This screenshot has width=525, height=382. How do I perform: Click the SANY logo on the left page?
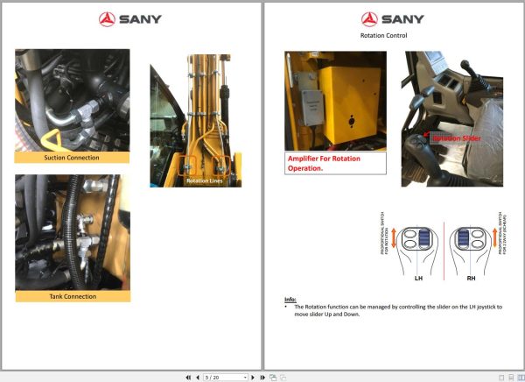tap(130, 18)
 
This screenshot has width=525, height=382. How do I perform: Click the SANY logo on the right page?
tap(394, 18)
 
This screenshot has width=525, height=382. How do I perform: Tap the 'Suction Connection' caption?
tap(72, 158)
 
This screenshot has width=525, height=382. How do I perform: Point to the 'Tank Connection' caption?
tap(73, 296)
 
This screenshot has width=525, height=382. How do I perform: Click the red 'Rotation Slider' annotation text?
tap(456, 138)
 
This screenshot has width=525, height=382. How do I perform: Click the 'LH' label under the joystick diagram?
tap(417, 278)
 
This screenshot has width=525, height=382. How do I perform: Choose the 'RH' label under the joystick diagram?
tap(470, 278)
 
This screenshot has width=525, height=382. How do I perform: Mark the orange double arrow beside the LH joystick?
tap(393, 237)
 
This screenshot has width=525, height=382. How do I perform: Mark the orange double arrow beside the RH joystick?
tap(494, 237)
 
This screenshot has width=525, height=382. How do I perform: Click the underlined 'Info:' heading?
tap(290, 300)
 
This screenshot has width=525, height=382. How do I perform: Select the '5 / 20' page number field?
tap(224, 377)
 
